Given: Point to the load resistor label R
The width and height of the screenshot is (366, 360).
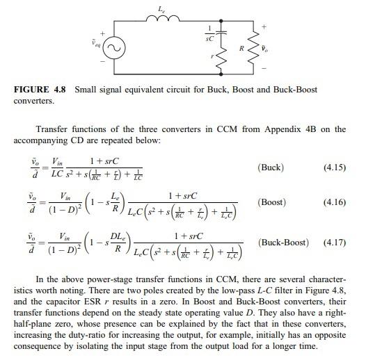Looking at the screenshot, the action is click(241, 51).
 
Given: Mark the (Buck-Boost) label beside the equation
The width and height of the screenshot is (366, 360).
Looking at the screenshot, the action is click(285, 243).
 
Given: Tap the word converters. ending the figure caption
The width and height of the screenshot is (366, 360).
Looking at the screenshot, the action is click(33, 101).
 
